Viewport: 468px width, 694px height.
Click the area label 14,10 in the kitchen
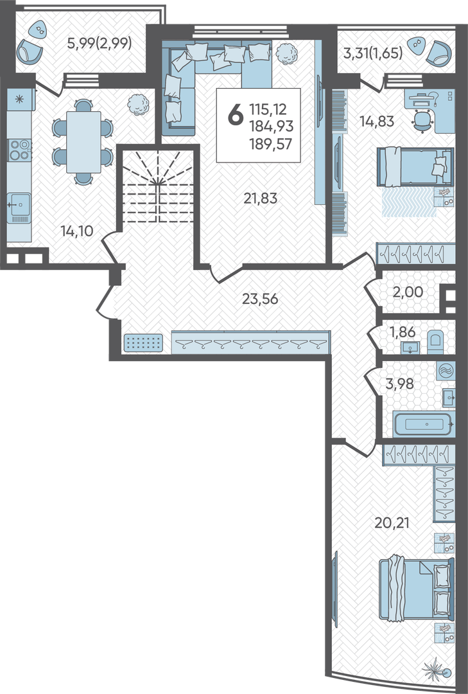tap(77, 231)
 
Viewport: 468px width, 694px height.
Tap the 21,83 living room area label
tap(261, 199)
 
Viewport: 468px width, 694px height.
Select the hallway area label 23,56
tap(260, 299)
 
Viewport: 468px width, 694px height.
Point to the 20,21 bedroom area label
tap(392, 522)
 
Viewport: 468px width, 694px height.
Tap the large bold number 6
tap(236, 114)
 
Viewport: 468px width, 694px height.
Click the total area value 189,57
tap(271, 144)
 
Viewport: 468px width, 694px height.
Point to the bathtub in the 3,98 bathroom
tap(423, 423)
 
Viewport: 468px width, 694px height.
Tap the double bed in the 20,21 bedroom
tap(417, 589)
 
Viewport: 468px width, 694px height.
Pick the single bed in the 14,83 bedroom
tap(415, 167)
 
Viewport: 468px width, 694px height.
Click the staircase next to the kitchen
tap(158, 186)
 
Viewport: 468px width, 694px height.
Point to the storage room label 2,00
tap(408, 292)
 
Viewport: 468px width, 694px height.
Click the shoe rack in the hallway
tap(143, 343)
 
